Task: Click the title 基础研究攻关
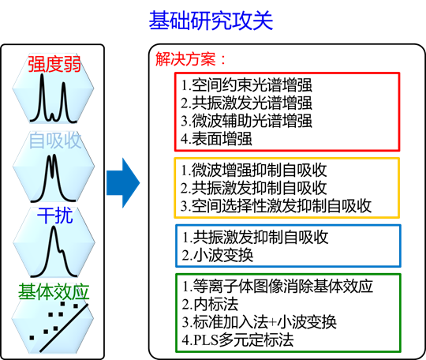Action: click(211, 21)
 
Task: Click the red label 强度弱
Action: click(54, 64)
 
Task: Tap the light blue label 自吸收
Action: click(55, 141)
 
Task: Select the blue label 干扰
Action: click(55, 216)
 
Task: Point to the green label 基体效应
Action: click(54, 292)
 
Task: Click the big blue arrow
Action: click(123, 182)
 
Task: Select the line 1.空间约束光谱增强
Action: click(246, 85)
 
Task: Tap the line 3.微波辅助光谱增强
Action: click(246, 121)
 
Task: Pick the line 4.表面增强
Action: click(216, 138)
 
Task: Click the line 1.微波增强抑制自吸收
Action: click(254, 171)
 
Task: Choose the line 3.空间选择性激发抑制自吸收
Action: click(276, 205)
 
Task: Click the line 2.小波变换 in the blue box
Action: click(218, 255)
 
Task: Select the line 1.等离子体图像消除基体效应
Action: click(278, 286)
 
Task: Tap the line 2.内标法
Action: click(210, 304)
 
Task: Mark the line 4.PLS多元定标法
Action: click(237, 339)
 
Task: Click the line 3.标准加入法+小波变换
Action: click(260, 321)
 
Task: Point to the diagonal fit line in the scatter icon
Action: click(64, 328)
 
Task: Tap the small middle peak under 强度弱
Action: click(52, 117)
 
